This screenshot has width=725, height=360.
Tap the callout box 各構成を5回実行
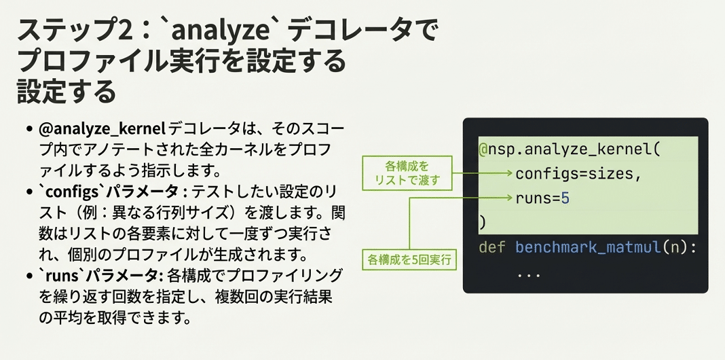click(x=409, y=259)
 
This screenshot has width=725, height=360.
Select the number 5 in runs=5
click(x=565, y=198)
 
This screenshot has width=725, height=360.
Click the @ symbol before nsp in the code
click(x=483, y=149)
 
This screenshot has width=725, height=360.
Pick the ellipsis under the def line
click(x=528, y=274)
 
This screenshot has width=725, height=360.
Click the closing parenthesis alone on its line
click(x=483, y=222)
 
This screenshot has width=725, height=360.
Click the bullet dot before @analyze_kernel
click(x=29, y=129)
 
